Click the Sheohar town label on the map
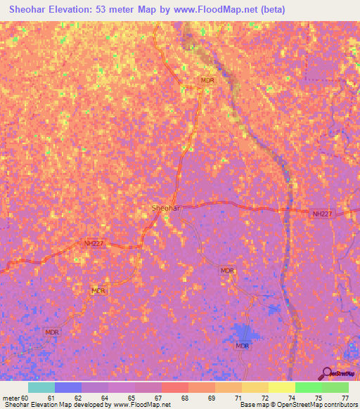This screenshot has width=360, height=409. [x=167, y=209]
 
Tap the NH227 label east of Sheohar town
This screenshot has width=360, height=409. [x=322, y=213]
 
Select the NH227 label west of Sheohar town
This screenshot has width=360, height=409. [x=94, y=244]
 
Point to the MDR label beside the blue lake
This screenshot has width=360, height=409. [x=243, y=346]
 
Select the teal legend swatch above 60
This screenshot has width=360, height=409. [x=41, y=387]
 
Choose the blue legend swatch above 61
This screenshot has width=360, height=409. [x=68, y=387]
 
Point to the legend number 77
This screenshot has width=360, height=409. [x=344, y=397]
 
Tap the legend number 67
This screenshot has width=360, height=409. [x=157, y=397]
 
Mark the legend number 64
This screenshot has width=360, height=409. [x=105, y=397]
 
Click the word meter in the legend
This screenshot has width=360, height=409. [x=12, y=397]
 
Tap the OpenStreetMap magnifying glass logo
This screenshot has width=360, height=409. [x=328, y=372]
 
